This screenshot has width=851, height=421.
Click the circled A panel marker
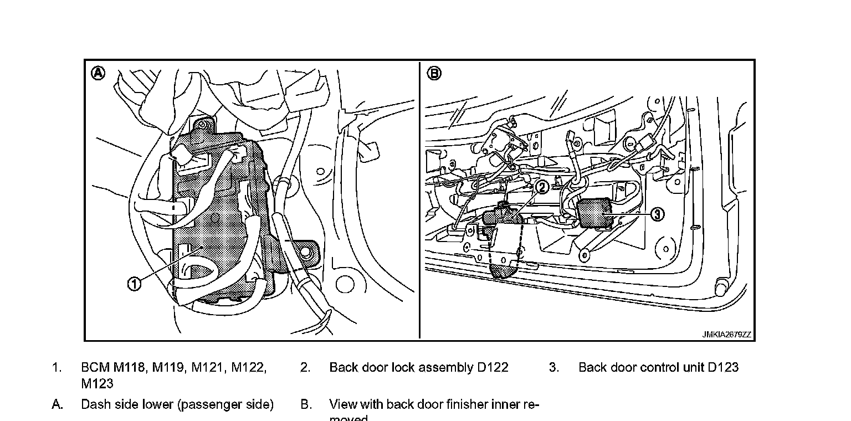pyautogui.click(x=98, y=73)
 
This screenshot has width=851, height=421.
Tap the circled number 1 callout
pyautogui.click(x=135, y=284)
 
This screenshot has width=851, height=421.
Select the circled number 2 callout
pyautogui.click(x=542, y=187)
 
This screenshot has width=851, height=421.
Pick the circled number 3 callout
pyautogui.click(x=657, y=214)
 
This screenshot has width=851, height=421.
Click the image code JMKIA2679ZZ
pyautogui.click(x=726, y=335)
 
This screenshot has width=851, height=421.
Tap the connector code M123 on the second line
pyautogui.click(x=97, y=383)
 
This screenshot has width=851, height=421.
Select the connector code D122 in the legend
pyautogui.click(x=492, y=367)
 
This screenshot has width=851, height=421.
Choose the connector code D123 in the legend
pyautogui.click(x=723, y=367)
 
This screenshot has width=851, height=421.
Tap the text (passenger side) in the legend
pyautogui.click(x=225, y=404)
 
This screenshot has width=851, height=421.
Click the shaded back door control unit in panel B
pyautogui.click(x=596, y=213)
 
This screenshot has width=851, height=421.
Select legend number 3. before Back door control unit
pyautogui.click(x=554, y=367)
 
